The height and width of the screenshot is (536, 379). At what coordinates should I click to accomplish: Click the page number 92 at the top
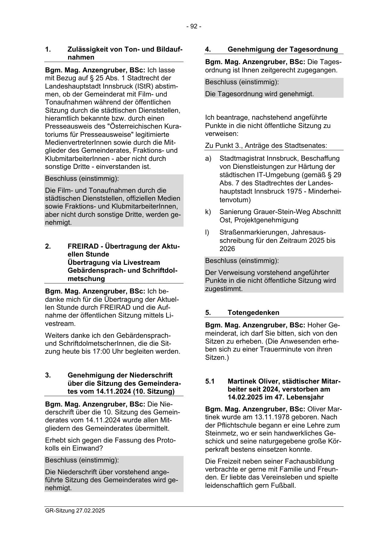[194, 27]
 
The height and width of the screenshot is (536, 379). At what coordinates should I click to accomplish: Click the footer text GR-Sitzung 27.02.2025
[75, 510]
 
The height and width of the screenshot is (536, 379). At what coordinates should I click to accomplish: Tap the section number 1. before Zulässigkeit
[48, 49]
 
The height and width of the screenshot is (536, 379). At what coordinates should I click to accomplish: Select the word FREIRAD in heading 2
[84, 246]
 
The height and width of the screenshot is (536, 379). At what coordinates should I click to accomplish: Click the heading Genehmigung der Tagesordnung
[283, 49]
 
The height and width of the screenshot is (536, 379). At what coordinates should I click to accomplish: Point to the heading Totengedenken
[253, 312]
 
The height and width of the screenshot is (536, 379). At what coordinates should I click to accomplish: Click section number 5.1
[210, 381]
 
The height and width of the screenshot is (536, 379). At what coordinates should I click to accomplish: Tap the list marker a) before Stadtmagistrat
[208, 159]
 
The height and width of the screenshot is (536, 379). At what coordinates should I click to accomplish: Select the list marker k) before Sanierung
[208, 212]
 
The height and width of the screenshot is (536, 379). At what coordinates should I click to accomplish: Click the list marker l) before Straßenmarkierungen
[207, 232]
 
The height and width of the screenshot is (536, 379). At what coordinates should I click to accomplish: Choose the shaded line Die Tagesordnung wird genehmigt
[259, 94]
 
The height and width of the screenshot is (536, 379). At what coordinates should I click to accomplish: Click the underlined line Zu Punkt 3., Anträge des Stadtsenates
[266, 145]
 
